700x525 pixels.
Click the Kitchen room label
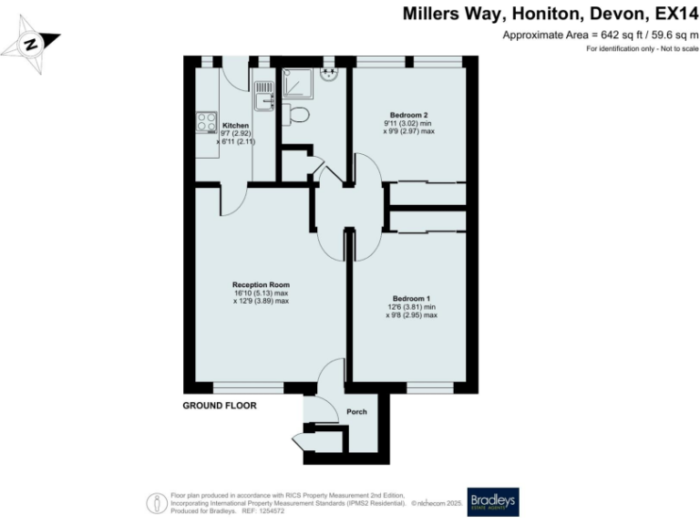pos(236,126)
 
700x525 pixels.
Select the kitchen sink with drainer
pos(264,95)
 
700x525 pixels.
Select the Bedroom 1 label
pos(411,299)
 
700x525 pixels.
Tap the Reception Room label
pos(261,284)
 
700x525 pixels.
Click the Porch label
pos(356,412)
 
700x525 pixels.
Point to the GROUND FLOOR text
pos(220,405)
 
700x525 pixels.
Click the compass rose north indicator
pos(32,43)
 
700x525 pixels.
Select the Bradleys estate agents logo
pos(492,501)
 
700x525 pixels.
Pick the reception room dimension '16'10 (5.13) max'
pos(261,293)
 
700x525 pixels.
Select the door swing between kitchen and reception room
pos(232,200)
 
